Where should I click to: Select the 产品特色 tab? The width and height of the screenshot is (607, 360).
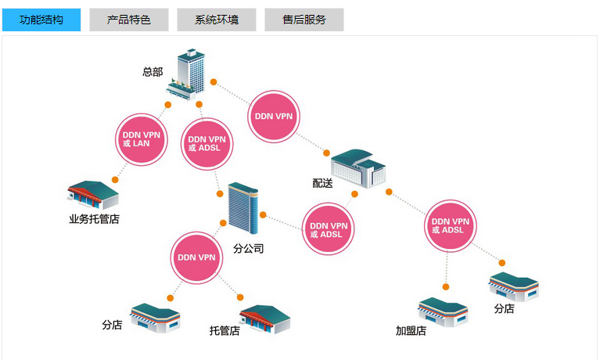point(129,20)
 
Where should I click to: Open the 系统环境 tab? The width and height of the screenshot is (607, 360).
point(217,20)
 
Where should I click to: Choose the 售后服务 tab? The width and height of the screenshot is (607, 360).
point(304,20)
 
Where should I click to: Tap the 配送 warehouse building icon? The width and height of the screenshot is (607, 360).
point(359,168)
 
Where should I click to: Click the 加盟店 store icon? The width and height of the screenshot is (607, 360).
point(443,311)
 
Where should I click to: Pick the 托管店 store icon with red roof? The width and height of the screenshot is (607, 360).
point(264,318)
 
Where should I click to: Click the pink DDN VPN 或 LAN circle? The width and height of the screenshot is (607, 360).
point(142,139)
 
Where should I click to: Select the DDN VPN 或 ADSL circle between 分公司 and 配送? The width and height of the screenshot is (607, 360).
point(329,229)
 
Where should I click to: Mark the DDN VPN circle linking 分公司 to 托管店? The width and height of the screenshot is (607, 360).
point(196,257)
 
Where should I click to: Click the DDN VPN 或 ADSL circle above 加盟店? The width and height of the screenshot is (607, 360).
point(453,225)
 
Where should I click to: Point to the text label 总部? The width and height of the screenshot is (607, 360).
point(153,71)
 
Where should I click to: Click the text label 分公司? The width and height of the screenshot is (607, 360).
point(248,250)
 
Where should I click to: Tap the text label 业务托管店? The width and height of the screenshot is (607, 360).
point(94,219)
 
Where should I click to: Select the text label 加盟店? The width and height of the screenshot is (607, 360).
point(411,331)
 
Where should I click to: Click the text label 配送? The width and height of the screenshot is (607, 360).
point(322,183)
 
